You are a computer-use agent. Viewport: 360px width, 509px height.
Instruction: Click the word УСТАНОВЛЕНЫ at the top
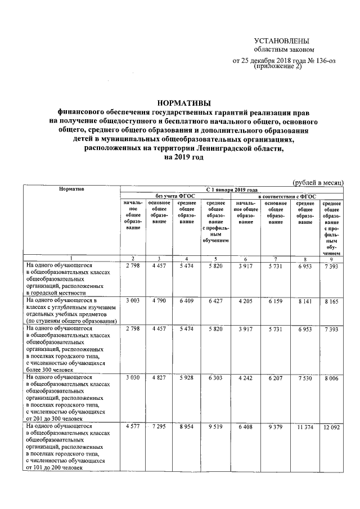pos(282,40)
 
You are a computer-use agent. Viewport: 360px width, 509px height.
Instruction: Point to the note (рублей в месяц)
pos(319,183)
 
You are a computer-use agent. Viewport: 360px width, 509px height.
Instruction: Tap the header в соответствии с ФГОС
pos(287,195)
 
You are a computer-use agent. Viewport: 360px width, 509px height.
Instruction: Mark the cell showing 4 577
pos(133,429)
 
